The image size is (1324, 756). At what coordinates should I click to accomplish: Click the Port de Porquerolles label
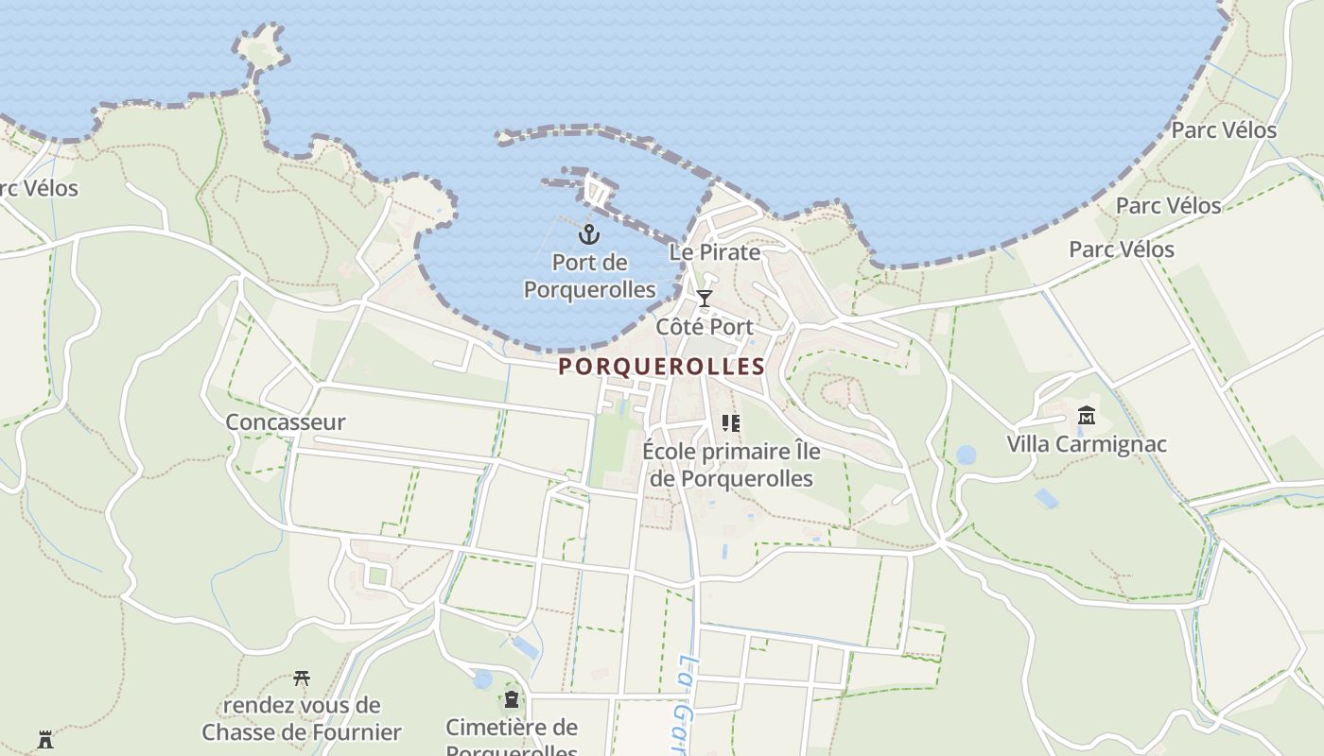click(x=589, y=275)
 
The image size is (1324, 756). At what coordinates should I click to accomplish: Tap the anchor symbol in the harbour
click(x=589, y=232)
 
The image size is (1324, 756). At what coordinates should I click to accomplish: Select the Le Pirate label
click(x=714, y=252)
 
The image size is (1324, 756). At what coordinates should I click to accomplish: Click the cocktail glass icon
click(x=704, y=299)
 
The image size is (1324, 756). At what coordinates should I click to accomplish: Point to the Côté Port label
click(x=705, y=327)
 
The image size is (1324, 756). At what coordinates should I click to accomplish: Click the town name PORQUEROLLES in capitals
click(x=661, y=367)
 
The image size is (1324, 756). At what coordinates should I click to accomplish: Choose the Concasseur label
click(x=286, y=422)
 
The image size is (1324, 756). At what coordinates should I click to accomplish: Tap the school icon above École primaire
click(x=730, y=422)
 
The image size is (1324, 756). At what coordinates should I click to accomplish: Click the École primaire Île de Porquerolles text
click(x=731, y=465)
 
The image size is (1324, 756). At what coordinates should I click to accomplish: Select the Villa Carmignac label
click(x=1086, y=444)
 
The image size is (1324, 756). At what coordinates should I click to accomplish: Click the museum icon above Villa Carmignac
click(x=1086, y=415)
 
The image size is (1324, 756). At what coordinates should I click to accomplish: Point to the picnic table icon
click(x=302, y=678)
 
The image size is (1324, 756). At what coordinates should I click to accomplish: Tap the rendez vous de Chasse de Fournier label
click(x=302, y=719)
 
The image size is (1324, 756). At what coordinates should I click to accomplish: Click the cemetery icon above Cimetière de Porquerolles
click(x=512, y=699)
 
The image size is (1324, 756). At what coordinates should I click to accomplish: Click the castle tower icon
click(x=44, y=739)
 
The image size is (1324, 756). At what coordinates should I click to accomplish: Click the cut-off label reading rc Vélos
click(x=38, y=188)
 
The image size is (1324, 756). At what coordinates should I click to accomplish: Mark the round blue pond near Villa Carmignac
click(x=966, y=455)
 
